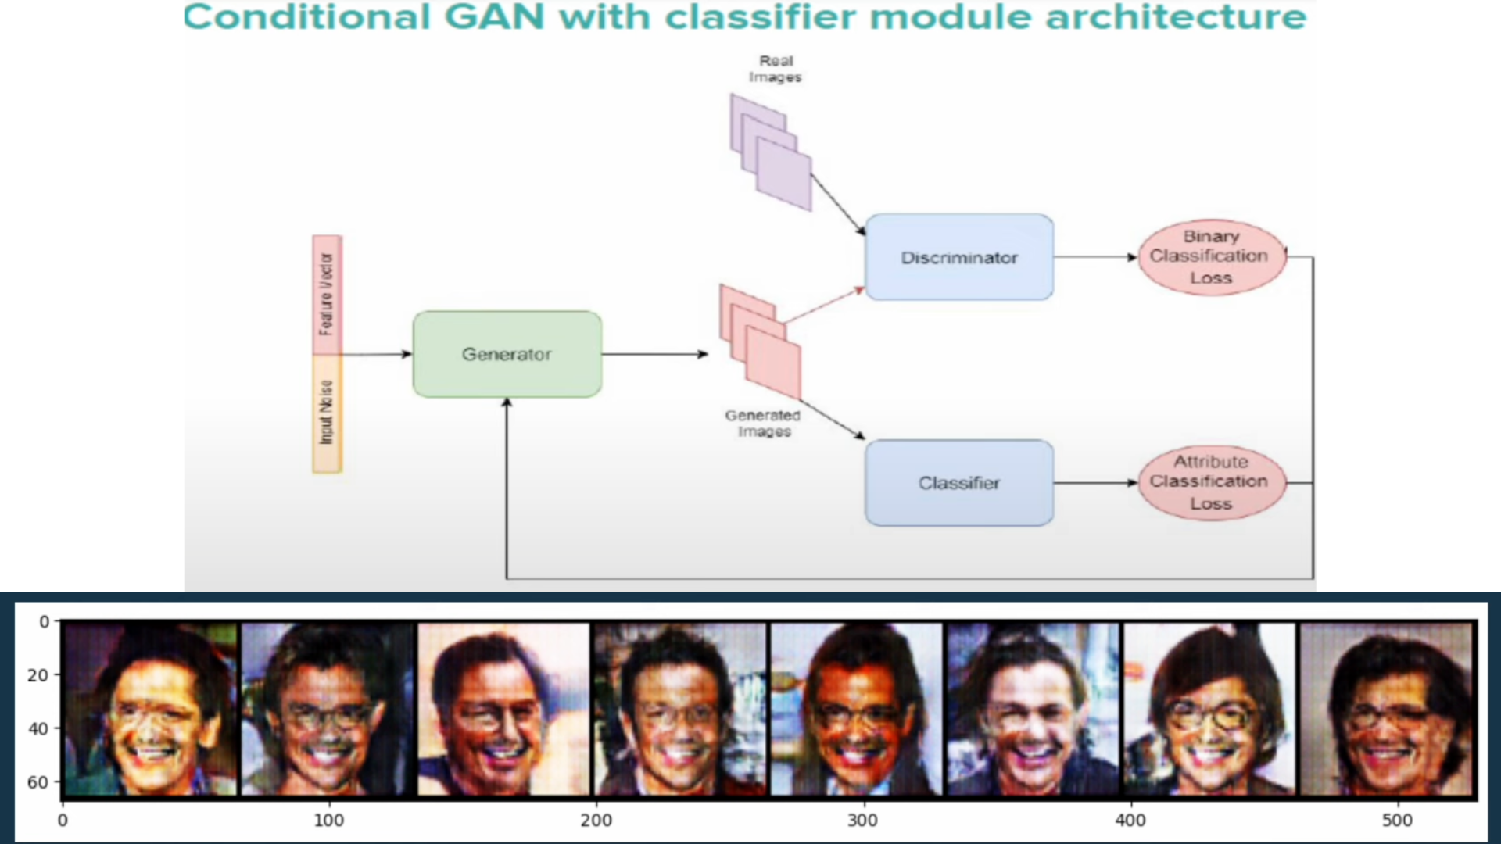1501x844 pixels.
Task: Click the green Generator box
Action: pyautogui.click(x=507, y=354)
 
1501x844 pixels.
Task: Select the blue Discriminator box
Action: pyautogui.click(x=958, y=257)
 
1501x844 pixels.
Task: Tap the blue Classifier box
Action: pyautogui.click(x=958, y=483)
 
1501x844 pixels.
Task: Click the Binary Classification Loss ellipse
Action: pyautogui.click(x=1210, y=257)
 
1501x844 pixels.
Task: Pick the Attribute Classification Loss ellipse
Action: pyautogui.click(x=1210, y=482)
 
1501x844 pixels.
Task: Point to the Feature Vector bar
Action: pyautogui.click(x=327, y=295)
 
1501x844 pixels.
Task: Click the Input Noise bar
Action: pyautogui.click(x=327, y=413)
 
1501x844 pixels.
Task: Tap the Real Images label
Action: pyautogui.click(x=775, y=69)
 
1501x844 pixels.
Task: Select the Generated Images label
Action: pyautogui.click(x=763, y=423)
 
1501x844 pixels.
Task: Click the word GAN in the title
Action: pyautogui.click(x=495, y=17)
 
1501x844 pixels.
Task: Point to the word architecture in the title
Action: pyautogui.click(x=1175, y=17)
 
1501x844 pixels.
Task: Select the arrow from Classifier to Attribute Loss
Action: pyautogui.click(x=1094, y=483)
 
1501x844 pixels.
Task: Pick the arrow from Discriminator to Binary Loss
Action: pyautogui.click(x=1094, y=257)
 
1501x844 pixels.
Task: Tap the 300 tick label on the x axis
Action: pyautogui.click(x=862, y=820)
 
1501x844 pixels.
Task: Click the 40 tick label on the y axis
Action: pyautogui.click(x=38, y=728)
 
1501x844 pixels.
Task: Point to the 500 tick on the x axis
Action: pyautogui.click(x=1397, y=820)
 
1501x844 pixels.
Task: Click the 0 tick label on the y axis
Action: pyautogui.click(x=44, y=622)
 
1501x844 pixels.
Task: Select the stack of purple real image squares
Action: pyautogui.click(x=771, y=152)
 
